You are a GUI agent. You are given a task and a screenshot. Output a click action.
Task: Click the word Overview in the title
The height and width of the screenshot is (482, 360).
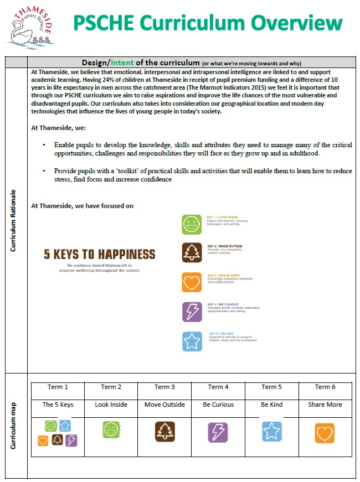click(x=298, y=23)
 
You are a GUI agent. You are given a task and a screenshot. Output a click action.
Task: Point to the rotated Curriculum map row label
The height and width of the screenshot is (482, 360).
click(x=13, y=426)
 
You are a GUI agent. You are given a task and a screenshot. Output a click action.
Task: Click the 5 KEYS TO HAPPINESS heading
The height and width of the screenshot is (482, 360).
click(x=100, y=254)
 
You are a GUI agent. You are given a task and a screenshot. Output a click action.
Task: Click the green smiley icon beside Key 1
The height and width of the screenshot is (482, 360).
click(x=192, y=224)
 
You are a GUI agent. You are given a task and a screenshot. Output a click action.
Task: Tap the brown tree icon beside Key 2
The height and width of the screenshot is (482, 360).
click(x=192, y=252)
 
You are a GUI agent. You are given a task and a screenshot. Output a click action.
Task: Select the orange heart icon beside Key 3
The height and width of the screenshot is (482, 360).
click(x=192, y=282)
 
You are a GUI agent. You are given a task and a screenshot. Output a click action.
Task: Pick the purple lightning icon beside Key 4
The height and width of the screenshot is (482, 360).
click(x=192, y=312)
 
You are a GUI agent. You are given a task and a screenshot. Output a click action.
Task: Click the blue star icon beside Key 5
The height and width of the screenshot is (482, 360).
click(x=192, y=341)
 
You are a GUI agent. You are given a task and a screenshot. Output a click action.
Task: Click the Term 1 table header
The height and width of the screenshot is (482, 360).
click(x=58, y=387)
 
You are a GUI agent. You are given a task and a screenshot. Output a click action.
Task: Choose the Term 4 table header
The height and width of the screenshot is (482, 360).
click(x=218, y=387)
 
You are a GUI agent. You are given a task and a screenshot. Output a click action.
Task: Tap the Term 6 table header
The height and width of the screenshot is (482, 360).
click(x=325, y=387)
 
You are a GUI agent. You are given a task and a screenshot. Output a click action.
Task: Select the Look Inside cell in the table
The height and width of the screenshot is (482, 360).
click(x=111, y=405)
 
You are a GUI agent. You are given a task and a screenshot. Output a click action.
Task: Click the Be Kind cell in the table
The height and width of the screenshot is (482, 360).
click(x=271, y=405)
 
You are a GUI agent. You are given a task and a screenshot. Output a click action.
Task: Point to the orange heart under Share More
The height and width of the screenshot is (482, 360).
click(x=325, y=433)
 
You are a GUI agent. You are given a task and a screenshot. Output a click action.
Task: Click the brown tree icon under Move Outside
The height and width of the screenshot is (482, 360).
click(x=164, y=431)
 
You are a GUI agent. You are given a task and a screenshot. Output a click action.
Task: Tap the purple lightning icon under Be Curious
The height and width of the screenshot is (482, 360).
click(x=218, y=431)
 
